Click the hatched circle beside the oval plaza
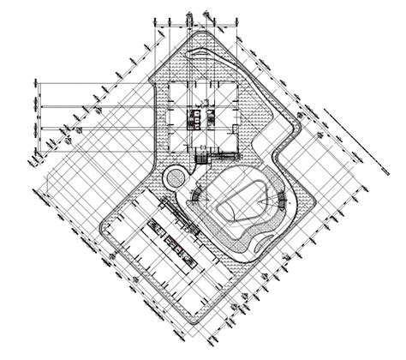pos(174,177)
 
